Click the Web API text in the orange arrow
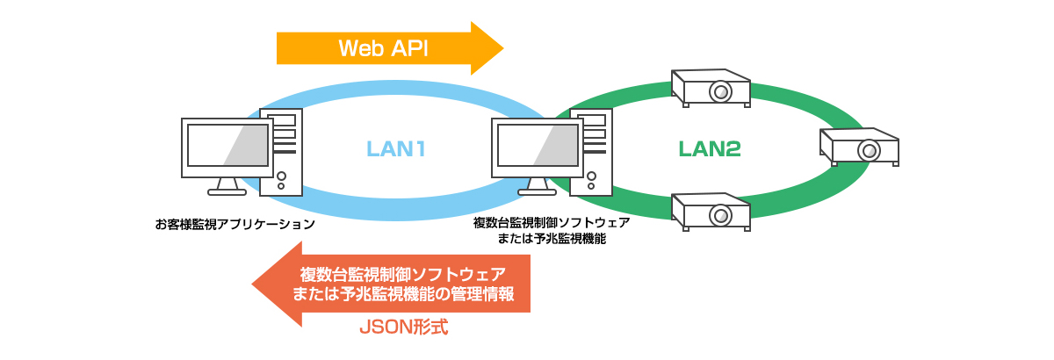(384, 48)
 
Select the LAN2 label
(710, 149)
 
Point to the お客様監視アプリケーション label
(235, 224)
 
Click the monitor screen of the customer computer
(227, 146)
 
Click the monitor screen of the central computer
(537, 146)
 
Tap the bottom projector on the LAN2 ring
(711, 212)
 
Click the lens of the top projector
(721, 91)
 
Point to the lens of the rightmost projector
(870, 150)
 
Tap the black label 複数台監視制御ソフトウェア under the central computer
(551, 224)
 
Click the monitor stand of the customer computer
(227, 186)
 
